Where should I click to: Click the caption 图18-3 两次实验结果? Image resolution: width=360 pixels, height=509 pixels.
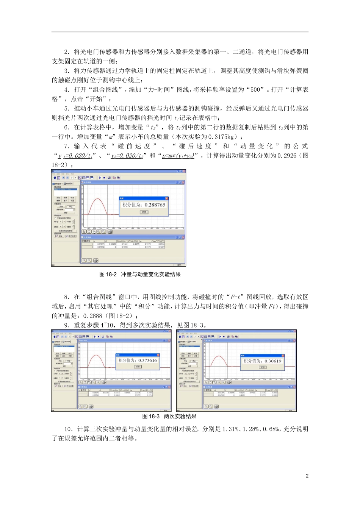(169, 416)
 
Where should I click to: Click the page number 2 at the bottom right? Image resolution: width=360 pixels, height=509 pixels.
(307, 476)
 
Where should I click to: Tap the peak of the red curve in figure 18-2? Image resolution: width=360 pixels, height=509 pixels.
(99, 199)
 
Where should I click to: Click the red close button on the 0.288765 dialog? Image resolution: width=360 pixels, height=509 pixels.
(166, 198)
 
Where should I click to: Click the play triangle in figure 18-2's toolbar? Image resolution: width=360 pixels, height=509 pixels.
(99, 177)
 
